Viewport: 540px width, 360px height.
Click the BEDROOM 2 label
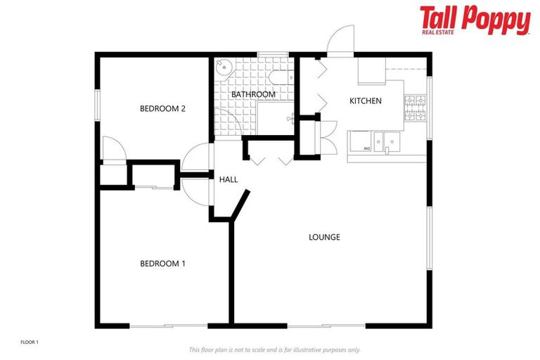pyautogui.click(x=162, y=108)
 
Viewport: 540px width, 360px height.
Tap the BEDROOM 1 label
pyautogui.click(x=162, y=264)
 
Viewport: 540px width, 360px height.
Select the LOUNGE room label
pyautogui.click(x=324, y=237)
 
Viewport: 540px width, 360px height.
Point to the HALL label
pyautogui.click(x=229, y=179)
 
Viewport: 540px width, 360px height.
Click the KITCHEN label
pyautogui.click(x=366, y=101)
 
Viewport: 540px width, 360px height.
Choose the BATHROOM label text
pyautogui.click(x=253, y=94)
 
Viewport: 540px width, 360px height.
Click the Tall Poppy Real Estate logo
pyautogui.click(x=475, y=20)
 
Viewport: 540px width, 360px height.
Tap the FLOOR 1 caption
pyautogui.click(x=30, y=342)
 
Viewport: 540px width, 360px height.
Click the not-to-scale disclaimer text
pyautogui.click(x=274, y=349)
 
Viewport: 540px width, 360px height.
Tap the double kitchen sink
pyautogui.click(x=387, y=141)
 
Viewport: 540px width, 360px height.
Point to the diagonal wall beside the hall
pyautogui.click(x=240, y=205)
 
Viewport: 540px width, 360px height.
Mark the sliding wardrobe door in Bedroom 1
pyautogui.click(x=154, y=186)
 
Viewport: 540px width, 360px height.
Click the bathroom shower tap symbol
pyautogui.click(x=289, y=120)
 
